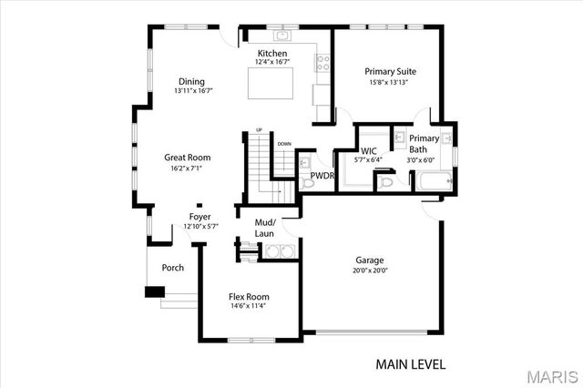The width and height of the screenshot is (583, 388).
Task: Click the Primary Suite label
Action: point(390,71)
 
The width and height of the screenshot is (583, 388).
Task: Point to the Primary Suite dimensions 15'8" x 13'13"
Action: point(388,82)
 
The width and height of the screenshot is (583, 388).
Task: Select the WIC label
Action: point(369,150)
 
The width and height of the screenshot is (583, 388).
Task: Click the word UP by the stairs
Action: point(259,130)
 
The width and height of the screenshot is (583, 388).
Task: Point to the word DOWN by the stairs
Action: point(284,143)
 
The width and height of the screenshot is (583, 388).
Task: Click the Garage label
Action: point(369,260)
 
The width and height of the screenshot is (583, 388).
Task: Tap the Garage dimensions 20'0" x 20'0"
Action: point(369,271)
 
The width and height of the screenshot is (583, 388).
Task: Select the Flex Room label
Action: point(248,297)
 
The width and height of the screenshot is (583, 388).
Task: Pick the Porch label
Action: point(172,268)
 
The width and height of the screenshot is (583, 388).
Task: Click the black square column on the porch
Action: point(154,292)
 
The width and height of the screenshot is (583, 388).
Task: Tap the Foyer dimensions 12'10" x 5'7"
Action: point(199,226)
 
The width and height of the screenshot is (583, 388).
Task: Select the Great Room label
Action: point(187,158)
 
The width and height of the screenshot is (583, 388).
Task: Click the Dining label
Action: point(191,81)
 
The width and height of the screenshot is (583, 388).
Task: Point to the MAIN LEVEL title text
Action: point(410,364)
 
